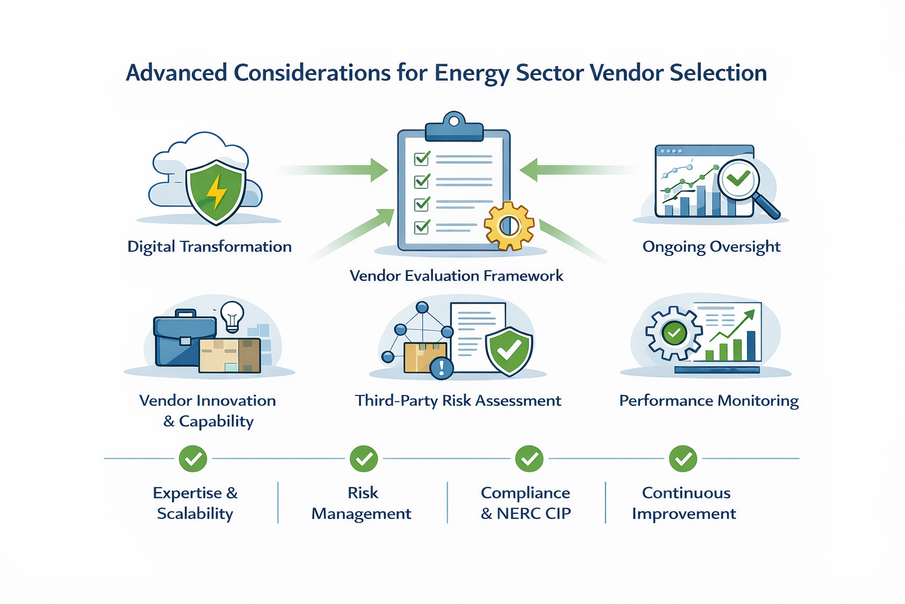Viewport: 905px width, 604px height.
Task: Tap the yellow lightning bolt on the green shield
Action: (x=216, y=191)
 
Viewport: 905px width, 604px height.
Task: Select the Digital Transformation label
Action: (x=209, y=247)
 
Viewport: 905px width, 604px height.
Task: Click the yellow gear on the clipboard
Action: (x=508, y=226)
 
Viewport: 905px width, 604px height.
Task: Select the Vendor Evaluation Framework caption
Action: (x=456, y=276)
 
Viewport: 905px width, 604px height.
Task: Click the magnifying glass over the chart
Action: (x=744, y=183)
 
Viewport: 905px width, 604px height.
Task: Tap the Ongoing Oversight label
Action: (x=711, y=247)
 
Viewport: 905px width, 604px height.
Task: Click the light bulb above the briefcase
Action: (x=232, y=316)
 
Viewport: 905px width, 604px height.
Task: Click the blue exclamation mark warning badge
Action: (x=441, y=368)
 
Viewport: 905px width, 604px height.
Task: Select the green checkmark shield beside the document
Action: (x=509, y=352)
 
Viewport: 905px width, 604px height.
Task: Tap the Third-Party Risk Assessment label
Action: (x=458, y=401)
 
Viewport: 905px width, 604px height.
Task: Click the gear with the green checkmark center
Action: (x=674, y=333)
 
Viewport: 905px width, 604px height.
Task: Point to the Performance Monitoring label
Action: (x=709, y=401)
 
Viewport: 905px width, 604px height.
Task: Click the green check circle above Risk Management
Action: (x=364, y=458)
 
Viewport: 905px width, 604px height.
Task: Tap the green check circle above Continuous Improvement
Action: (x=683, y=458)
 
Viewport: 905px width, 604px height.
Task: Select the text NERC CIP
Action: (x=534, y=514)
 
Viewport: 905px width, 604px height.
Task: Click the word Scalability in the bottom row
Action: (x=195, y=514)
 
